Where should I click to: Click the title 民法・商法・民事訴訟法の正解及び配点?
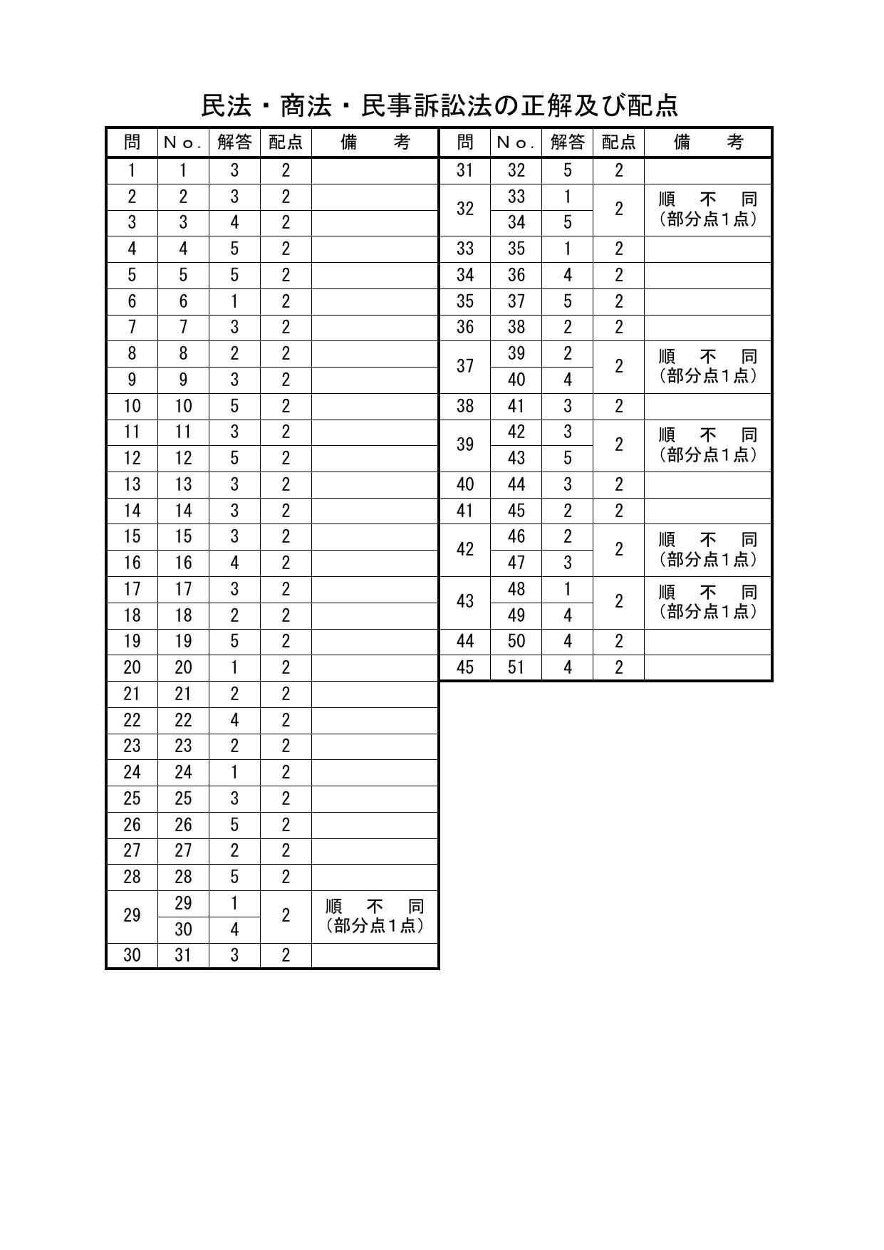[x=440, y=106]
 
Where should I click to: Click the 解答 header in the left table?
[x=234, y=142]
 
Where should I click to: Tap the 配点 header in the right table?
[x=618, y=142]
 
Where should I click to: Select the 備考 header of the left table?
[x=375, y=142]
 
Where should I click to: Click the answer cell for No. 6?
[x=234, y=301]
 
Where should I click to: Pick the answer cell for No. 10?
[x=234, y=406]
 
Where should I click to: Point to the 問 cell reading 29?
[x=132, y=916]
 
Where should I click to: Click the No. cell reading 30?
[x=183, y=929]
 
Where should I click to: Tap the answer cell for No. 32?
[x=567, y=170]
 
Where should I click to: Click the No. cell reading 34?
[x=516, y=223]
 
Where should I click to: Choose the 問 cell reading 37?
[x=465, y=366]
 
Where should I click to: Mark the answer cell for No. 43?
[x=567, y=458]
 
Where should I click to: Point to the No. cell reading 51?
[x=516, y=667]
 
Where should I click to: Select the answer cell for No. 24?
[x=234, y=772]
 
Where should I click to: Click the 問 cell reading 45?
[x=465, y=667]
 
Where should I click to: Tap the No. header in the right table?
[x=516, y=142]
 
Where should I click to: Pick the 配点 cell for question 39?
[x=618, y=444]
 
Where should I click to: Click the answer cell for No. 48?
[x=567, y=589]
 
